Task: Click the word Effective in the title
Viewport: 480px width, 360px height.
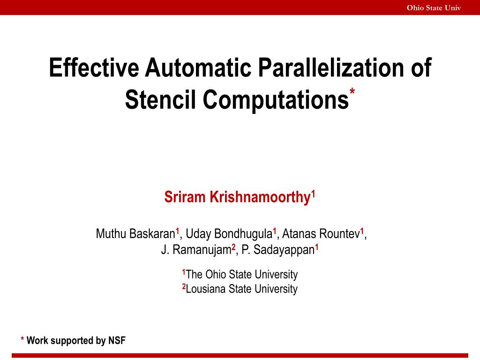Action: point(94,68)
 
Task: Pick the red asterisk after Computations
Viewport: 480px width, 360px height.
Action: point(352,90)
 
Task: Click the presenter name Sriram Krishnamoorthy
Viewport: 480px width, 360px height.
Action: point(238,197)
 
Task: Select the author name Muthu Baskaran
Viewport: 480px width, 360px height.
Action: point(135,233)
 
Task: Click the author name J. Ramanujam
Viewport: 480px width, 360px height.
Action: point(196,250)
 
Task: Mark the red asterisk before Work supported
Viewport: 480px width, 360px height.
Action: point(22,339)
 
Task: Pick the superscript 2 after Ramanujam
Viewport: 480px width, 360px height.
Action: point(233,247)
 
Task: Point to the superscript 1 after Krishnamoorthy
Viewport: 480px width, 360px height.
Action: point(313,193)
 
